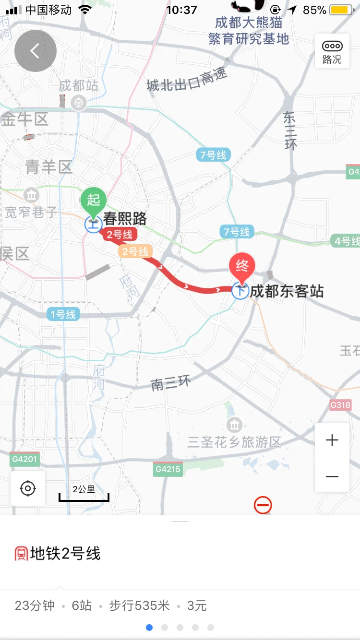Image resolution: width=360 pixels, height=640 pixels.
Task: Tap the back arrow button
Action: point(35,51)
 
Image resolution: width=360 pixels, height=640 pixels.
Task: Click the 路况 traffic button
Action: point(332,51)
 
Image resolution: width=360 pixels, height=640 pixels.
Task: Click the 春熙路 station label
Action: point(125,219)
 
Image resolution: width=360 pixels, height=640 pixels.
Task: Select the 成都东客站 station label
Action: point(287,291)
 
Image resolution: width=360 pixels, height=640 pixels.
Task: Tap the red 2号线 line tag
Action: point(120,235)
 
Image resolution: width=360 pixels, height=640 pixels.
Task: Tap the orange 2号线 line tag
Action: point(136,251)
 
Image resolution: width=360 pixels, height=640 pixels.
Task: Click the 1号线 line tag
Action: point(63,315)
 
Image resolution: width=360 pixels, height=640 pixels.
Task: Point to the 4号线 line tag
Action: point(345,241)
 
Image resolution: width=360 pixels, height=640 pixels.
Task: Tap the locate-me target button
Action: point(28,488)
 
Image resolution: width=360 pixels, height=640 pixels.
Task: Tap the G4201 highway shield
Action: point(24,459)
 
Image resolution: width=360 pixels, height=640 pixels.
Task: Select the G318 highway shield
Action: point(340,405)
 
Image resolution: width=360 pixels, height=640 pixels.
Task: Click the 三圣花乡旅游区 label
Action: point(234,442)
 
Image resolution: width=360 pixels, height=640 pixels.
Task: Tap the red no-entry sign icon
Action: point(263,505)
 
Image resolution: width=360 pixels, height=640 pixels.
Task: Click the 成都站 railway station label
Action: point(78,86)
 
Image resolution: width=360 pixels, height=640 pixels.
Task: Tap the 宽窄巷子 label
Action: point(32,212)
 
